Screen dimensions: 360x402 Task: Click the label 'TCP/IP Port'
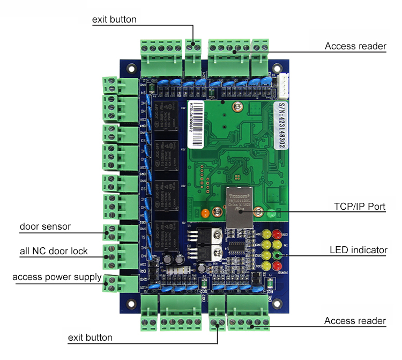[360, 206]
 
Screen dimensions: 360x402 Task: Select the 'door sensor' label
[46, 226]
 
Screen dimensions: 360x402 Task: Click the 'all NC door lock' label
[54, 251]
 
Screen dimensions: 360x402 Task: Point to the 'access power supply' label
[57, 277]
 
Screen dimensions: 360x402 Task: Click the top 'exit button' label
[114, 19]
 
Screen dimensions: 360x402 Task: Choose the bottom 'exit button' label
[90, 337]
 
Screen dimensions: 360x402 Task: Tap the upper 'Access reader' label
[355, 46]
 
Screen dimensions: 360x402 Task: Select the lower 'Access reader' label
[355, 321]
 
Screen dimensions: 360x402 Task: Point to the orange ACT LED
[204, 213]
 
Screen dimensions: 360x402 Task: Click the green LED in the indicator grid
[277, 245]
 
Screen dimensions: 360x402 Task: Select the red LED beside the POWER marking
[277, 266]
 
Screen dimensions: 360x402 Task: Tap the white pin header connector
[284, 82]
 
